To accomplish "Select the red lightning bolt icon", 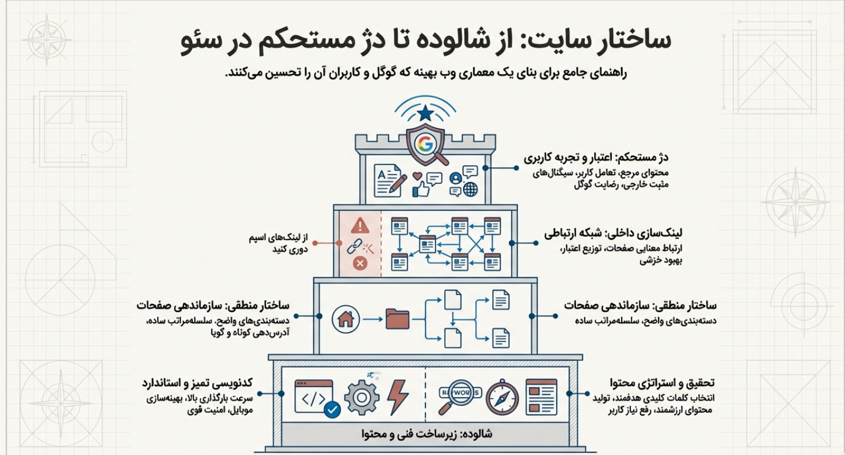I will coord(398,396).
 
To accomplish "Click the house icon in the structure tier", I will coord(345,319).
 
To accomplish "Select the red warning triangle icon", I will coord(360,225).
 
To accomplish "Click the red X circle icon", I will coord(360,264).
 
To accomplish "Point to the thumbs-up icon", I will coord(421,188).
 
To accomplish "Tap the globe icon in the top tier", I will coord(470,190).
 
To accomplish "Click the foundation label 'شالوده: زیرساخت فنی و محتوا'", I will coord(426,435).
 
